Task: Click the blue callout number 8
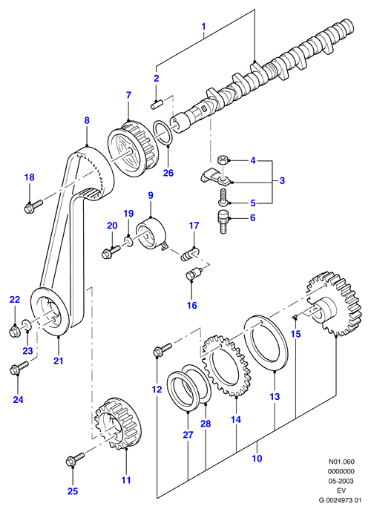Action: point(87,120)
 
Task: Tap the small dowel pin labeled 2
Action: point(157,104)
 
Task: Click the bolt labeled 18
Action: point(33,206)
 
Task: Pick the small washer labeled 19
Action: point(128,241)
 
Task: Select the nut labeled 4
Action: point(223,160)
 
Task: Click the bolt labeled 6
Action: point(223,222)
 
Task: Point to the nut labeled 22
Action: point(14,331)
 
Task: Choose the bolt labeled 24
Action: point(19,367)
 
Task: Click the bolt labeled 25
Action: point(74,459)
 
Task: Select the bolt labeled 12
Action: point(162,349)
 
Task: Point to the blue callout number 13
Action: point(275,396)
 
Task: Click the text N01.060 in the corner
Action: point(341,462)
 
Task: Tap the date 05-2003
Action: point(341,481)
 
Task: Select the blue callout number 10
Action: point(257,459)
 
